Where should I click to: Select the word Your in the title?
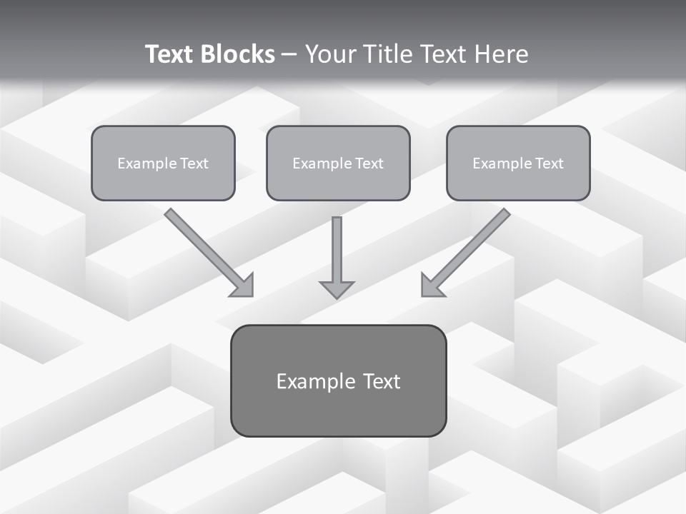328,54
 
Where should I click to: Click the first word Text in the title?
171,54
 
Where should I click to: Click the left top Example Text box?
163,163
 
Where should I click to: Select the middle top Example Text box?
338,163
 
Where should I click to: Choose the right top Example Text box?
518,163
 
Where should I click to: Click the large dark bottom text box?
338,381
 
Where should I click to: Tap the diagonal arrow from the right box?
472,246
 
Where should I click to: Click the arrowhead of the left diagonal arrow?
244,286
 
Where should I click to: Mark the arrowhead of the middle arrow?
337,288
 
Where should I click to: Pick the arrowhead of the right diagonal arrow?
431,286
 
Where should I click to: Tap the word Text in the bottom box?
381,381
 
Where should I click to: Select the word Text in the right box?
549,163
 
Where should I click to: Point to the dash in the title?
289,54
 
